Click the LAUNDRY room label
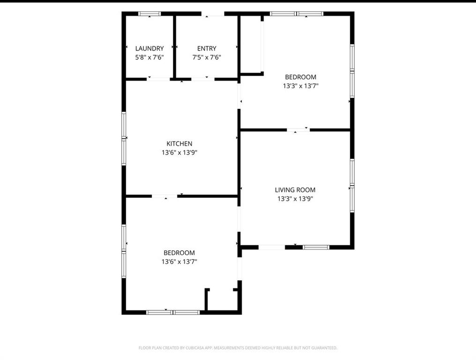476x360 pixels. [149, 48]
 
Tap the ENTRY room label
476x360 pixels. [207, 48]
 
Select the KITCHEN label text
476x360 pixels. [179, 143]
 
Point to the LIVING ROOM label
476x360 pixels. [295, 190]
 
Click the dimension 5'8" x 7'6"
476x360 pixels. [149, 57]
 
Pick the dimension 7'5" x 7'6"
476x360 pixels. [207, 57]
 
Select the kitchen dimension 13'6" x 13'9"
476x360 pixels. [179, 152]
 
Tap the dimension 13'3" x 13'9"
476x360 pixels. [295, 199]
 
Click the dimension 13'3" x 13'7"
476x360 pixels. [300, 86]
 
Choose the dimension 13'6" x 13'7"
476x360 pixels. [179, 262]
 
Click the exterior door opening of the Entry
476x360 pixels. [213, 14]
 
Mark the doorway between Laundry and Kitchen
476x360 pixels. [158, 79]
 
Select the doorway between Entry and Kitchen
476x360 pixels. [203, 79]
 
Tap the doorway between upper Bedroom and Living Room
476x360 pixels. [298, 130]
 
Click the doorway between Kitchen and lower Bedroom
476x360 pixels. [164, 196]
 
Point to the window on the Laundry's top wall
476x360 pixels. [149, 14]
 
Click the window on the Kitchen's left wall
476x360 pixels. [124, 138]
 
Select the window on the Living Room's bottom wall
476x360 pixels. [316, 247]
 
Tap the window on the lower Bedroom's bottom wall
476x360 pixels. [173, 312]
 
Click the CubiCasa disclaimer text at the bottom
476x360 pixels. [238, 348]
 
